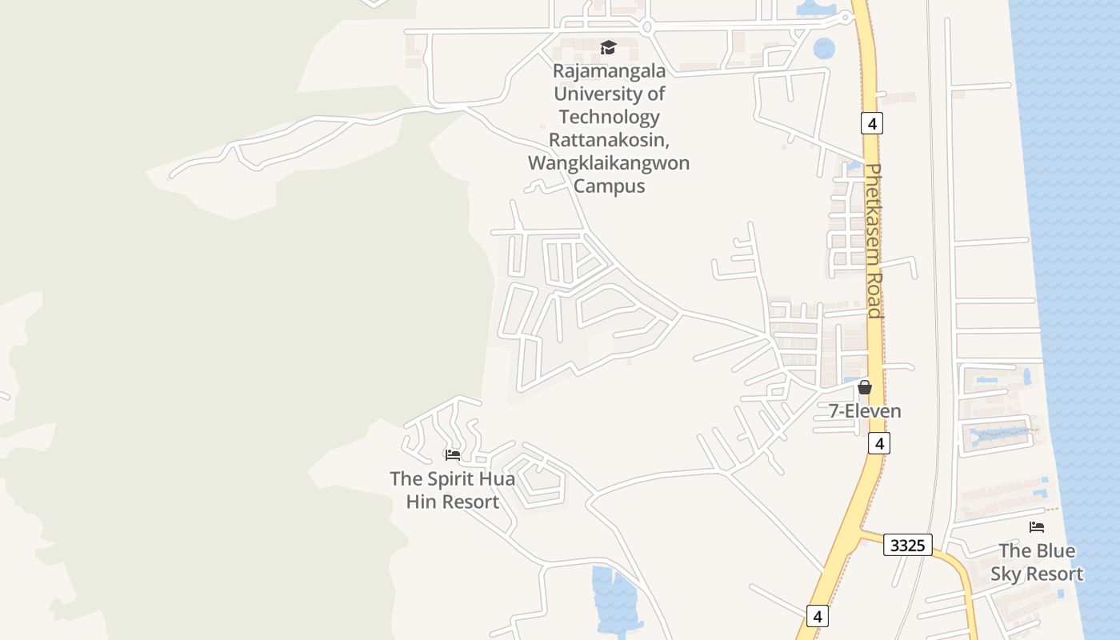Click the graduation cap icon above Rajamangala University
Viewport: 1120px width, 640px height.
tap(609, 48)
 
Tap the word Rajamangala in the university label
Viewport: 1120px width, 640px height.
tap(609, 70)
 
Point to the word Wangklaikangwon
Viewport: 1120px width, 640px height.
tap(609, 163)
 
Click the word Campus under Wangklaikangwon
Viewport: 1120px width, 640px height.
tap(609, 186)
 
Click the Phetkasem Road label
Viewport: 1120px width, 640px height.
tap(874, 240)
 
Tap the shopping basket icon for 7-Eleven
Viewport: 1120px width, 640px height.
tap(864, 388)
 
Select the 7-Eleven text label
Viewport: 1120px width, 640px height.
tap(864, 411)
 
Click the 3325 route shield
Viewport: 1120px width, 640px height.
tap(908, 546)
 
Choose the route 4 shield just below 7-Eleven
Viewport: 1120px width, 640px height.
tap(878, 443)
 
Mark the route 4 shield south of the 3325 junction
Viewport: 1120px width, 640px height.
tap(816, 616)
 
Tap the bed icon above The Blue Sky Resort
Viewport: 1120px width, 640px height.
tap(1037, 527)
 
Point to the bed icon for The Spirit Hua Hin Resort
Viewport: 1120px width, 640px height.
tap(453, 455)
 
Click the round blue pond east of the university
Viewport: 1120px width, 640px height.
tap(824, 49)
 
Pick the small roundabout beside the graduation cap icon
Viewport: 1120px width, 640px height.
tap(647, 28)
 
